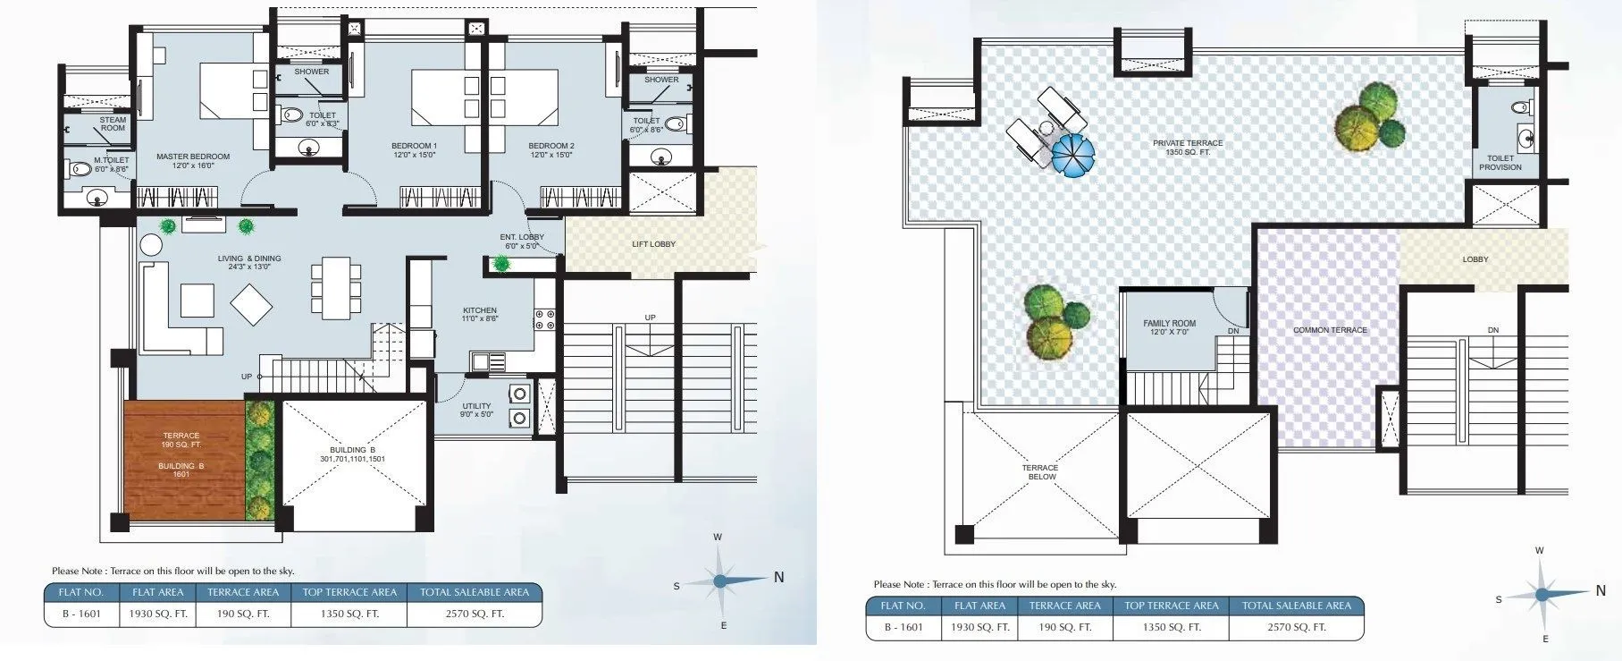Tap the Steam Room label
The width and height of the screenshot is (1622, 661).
pos(113,123)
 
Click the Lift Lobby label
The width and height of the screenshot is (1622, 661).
pos(653,244)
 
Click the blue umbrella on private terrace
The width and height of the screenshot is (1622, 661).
pos(1072,155)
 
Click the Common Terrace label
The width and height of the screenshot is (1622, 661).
pos(1330,330)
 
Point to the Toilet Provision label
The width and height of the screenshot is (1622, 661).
pos(1500,163)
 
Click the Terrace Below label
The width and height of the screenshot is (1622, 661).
pos(1040,472)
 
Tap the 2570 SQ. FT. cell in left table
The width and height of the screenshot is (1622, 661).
pos(475,614)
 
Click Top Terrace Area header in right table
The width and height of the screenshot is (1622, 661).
pos(1171,606)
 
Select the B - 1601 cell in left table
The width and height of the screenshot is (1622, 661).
pos(80,614)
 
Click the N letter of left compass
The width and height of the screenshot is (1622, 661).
pos(778,578)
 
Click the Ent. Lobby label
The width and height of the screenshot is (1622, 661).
pos(522,242)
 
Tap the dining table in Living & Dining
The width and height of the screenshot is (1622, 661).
pos(335,288)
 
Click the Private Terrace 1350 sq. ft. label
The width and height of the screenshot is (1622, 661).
pos(1188,148)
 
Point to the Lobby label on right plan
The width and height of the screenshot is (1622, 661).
pos(1475,259)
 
